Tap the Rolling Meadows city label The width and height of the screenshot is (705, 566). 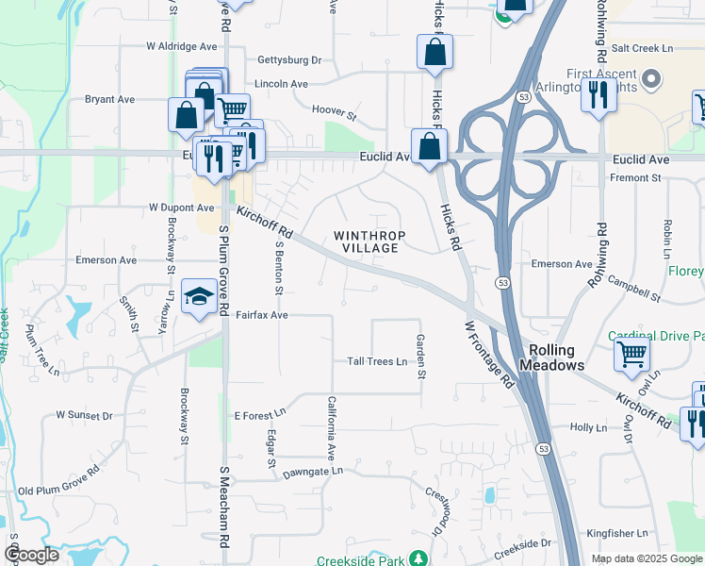click(x=552, y=357)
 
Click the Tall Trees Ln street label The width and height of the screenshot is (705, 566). click(x=377, y=361)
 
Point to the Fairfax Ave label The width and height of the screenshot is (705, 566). click(x=261, y=315)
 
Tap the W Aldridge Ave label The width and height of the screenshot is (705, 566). click(x=182, y=46)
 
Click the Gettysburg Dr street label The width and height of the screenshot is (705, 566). click(x=289, y=59)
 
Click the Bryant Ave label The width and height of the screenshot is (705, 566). click(x=110, y=99)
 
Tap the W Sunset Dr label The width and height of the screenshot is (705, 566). click(x=84, y=414)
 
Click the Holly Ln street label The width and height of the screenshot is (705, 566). click(x=588, y=427)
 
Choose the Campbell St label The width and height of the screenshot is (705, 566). click(x=634, y=289)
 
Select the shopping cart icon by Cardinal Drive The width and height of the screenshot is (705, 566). click(x=631, y=355)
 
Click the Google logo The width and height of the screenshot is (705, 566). click(x=31, y=555)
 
